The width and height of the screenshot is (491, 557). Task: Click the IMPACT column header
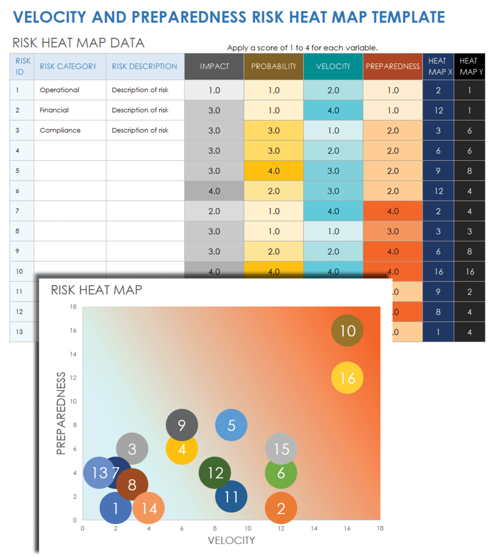coord(214,66)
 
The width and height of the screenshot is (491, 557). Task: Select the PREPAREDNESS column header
coord(392,66)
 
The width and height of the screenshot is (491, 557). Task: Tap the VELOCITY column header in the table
coord(333,66)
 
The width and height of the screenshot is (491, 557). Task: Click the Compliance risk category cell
coord(60,130)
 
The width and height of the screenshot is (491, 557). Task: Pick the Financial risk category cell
coord(54,110)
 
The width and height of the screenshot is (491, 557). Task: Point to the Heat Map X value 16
coord(438,272)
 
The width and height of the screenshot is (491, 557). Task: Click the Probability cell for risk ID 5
coord(273,171)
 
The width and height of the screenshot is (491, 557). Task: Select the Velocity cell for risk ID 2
coord(333,110)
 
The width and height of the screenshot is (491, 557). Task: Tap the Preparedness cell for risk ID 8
coord(392,231)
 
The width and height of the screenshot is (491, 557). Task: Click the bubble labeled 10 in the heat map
coord(347,331)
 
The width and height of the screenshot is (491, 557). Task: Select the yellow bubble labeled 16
coord(347,378)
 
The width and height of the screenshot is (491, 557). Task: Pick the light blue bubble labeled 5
coord(231,425)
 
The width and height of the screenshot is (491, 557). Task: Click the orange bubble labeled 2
coord(281,508)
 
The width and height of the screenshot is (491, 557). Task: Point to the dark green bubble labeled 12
coord(215,473)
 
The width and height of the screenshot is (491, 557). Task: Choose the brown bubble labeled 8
coord(132,484)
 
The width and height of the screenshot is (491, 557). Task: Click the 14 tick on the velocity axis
coord(314,528)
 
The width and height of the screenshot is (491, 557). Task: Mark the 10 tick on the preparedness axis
coord(73,401)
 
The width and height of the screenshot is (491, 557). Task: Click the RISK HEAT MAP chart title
coord(96,290)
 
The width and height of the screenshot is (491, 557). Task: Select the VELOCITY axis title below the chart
coord(231,540)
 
